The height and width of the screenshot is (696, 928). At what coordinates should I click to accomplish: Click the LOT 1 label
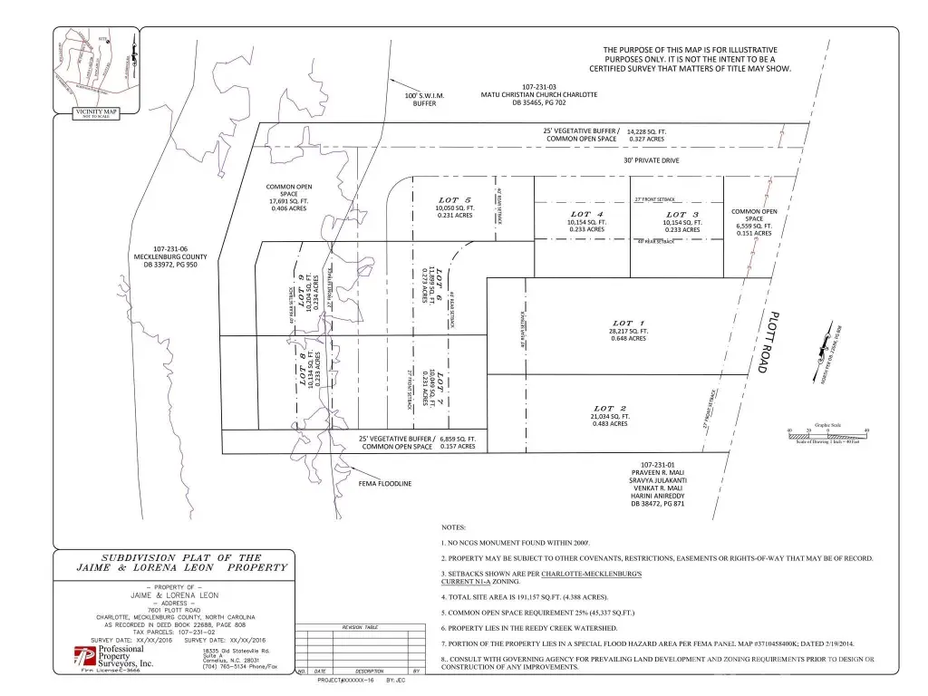627,323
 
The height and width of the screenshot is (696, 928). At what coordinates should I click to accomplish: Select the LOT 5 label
454,200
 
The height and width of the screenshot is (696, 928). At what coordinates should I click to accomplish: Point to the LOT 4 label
587,214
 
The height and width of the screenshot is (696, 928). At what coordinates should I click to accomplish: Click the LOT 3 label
681,214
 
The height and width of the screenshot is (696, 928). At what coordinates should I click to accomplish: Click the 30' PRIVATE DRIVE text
651,160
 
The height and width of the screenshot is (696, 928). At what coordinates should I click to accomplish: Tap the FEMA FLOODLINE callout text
386,483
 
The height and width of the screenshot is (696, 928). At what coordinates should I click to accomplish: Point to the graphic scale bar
827,436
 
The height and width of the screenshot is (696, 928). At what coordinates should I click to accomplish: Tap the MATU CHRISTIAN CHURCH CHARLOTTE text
538,95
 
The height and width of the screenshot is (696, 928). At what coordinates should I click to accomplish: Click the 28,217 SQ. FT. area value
628,331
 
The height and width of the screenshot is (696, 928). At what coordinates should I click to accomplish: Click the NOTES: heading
453,527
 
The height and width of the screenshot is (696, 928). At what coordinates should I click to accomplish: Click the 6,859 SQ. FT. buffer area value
459,439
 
